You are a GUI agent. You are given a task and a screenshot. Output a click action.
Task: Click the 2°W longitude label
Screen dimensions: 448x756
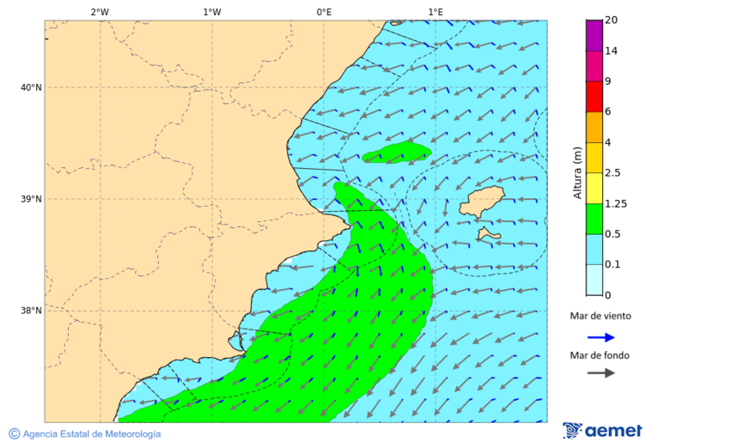99,12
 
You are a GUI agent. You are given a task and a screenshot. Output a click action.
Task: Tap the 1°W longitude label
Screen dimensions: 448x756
212,12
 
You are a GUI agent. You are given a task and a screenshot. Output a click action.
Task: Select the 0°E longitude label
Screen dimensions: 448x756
323,12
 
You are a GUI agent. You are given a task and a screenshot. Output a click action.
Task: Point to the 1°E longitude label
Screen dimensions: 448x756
435,12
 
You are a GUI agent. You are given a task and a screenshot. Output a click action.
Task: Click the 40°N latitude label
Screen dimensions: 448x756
30,87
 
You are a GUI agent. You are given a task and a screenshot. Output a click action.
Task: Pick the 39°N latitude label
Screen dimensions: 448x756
30,199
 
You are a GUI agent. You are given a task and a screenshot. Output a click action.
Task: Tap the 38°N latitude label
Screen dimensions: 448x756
30,310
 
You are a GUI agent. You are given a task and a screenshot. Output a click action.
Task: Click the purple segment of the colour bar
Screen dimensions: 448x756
594,35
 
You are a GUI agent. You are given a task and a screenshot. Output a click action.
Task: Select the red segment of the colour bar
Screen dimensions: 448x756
594,97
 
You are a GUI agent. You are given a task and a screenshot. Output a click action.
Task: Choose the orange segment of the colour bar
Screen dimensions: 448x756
594,127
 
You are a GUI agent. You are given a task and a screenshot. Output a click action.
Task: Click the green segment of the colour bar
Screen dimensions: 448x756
594,219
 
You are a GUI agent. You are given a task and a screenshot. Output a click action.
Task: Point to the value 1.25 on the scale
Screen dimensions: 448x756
616,203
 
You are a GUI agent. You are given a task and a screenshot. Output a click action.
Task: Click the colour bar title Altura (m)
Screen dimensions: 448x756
577,173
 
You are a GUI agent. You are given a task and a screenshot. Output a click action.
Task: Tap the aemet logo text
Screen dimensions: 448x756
613,431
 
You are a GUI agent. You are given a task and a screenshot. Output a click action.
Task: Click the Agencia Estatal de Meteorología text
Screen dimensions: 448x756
91,434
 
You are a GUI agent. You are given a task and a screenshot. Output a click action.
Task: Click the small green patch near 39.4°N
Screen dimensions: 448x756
397,153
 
